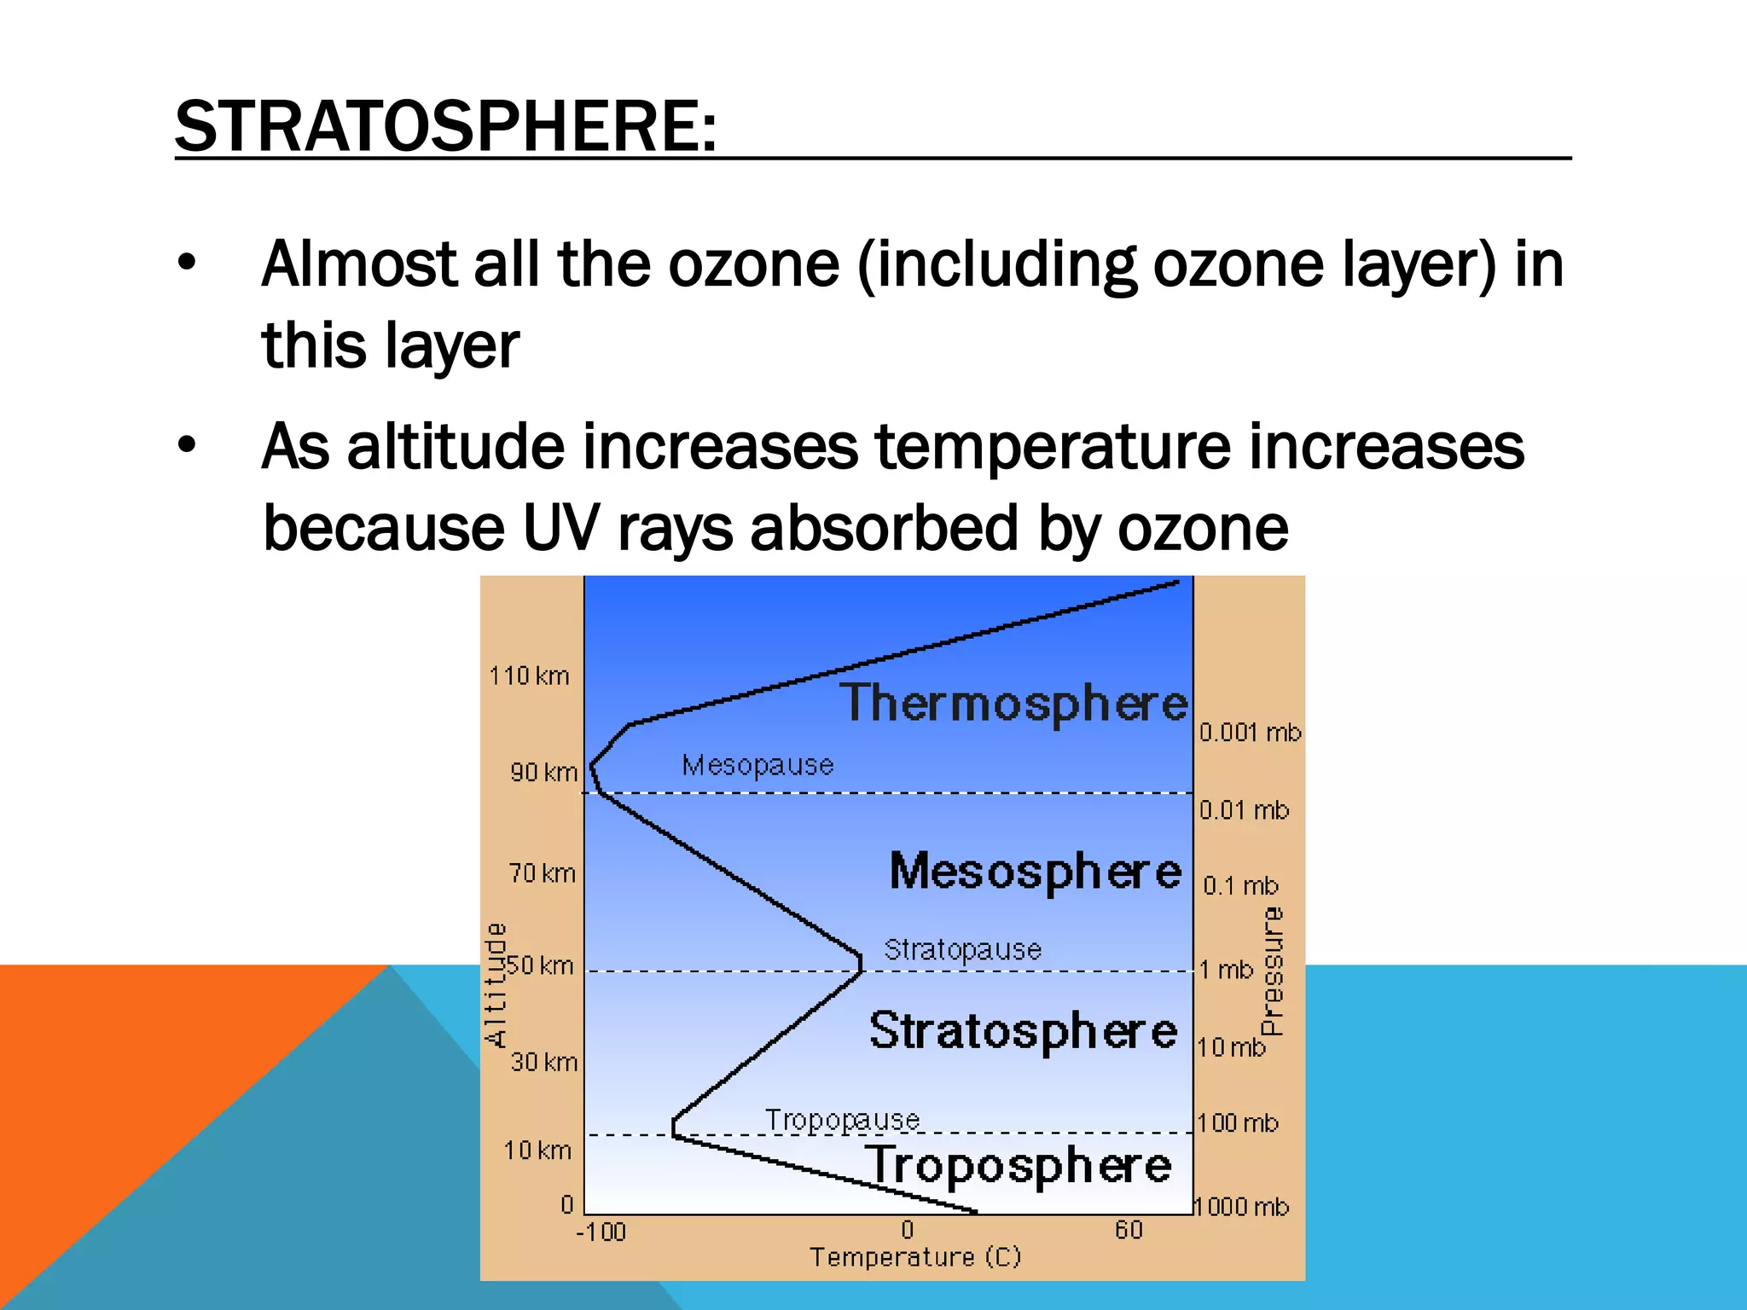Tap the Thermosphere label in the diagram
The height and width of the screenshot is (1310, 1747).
click(x=1014, y=704)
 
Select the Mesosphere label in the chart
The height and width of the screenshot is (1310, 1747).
click(x=1036, y=872)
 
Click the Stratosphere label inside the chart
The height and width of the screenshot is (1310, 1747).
click(x=1023, y=1030)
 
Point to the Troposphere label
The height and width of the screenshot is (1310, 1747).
click(x=1019, y=1166)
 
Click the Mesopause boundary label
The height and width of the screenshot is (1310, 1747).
click(x=757, y=765)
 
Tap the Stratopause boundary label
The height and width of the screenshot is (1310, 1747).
click(x=962, y=949)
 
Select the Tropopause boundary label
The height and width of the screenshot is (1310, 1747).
click(x=842, y=1119)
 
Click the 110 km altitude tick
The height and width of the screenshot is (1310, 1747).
click(x=529, y=676)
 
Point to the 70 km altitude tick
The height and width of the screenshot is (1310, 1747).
click(x=543, y=873)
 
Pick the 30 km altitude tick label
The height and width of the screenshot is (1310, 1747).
click(x=544, y=1062)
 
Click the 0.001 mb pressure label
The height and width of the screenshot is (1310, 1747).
click(x=1250, y=732)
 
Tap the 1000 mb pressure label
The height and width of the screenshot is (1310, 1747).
click(x=1241, y=1207)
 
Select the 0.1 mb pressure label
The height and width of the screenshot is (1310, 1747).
click(x=1240, y=886)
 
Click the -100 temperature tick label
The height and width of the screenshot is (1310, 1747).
click(x=601, y=1232)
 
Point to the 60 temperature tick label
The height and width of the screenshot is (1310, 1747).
click(x=1128, y=1230)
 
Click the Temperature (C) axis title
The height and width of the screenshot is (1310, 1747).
click(x=915, y=1257)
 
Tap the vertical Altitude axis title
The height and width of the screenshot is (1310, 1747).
click(x=496, y=984)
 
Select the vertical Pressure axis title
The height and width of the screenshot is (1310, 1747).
click(x=1272, y=971)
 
